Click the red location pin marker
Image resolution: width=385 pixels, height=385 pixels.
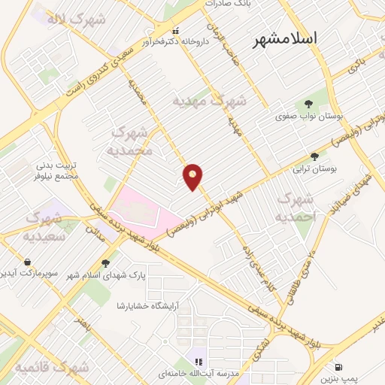[193, 176]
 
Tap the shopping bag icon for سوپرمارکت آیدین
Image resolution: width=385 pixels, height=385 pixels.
[28, 262]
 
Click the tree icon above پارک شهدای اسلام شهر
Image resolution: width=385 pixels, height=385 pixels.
[105, 263]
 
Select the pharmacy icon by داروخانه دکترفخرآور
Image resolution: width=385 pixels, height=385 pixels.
[176, 32]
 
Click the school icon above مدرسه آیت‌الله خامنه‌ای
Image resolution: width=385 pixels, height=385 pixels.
[199, 353]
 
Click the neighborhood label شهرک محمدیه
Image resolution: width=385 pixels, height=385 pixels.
[132, 141]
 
